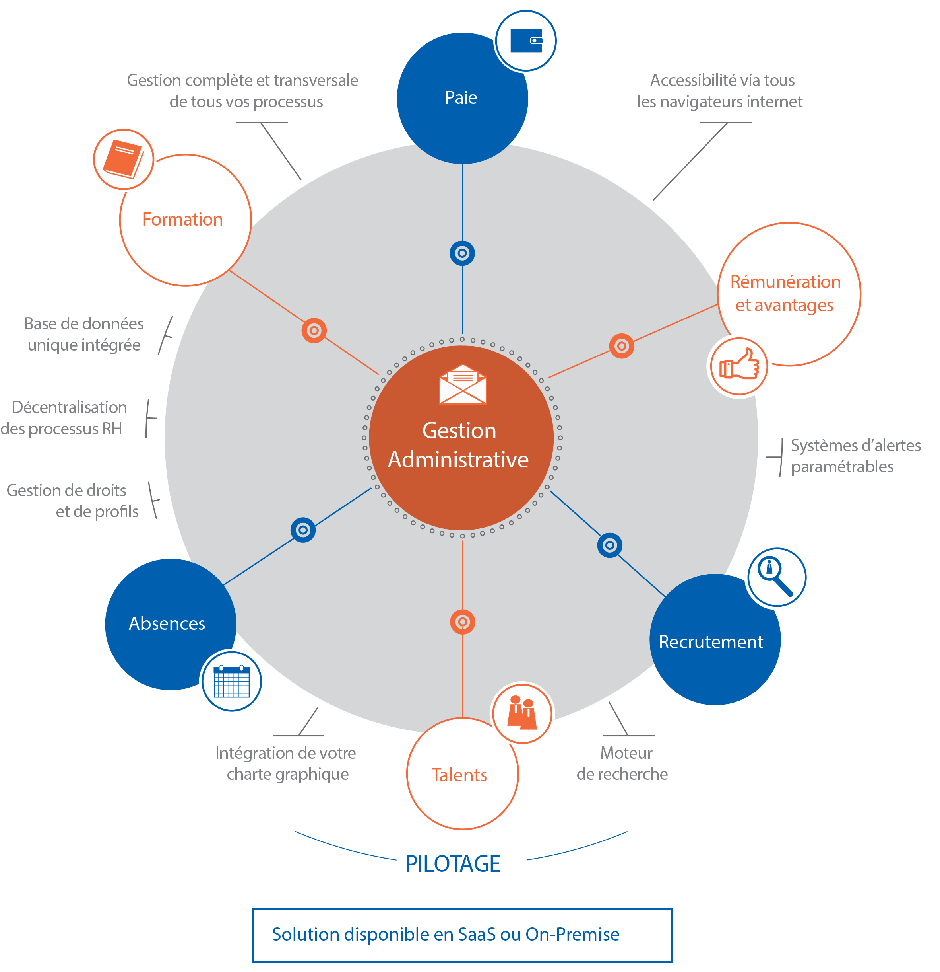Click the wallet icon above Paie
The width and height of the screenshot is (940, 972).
click(526, 41)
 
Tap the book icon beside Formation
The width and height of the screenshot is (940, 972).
click(123, 159)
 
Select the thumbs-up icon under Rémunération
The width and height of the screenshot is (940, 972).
click(739, 366)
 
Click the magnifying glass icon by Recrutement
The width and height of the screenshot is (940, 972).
click(777, 577)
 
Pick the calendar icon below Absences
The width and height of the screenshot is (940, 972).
click(231, 681)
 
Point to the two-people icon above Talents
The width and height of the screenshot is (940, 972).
click(522, 713)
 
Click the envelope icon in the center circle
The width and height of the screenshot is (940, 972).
click(463, 384)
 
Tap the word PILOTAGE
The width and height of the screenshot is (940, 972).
click(452, 863)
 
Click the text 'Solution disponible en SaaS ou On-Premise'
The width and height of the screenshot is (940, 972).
click(446, 934)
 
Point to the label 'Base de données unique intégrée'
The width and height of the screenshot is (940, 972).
click(84, 334)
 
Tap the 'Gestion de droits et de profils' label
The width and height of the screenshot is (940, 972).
click(72, 501)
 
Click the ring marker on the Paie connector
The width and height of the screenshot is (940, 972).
click(462, 253)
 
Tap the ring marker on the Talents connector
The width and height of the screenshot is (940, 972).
click(462, 622)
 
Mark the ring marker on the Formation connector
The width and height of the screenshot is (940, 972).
click(314, 331)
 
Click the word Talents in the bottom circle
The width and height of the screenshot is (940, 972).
click(459, 775)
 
